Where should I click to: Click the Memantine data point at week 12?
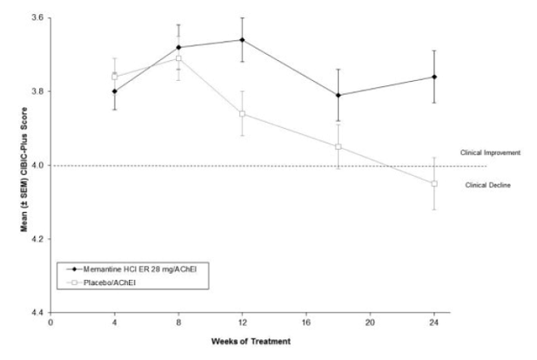(242, 40)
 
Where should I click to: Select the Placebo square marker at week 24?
(434, 183)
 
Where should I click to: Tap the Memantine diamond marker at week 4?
(115, 91)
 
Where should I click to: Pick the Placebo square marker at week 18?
(338, 147)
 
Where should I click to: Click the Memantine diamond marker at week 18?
(338, 96)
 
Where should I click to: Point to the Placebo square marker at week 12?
(242, 114)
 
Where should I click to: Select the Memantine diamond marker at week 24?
(434, 77)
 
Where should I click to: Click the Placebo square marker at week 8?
(178, 58)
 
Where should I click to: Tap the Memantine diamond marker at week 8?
(178, 47)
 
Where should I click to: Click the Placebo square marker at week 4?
(115, 77)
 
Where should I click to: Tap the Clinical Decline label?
(488, 185)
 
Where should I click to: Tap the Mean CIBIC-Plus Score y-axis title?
(11, 165)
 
